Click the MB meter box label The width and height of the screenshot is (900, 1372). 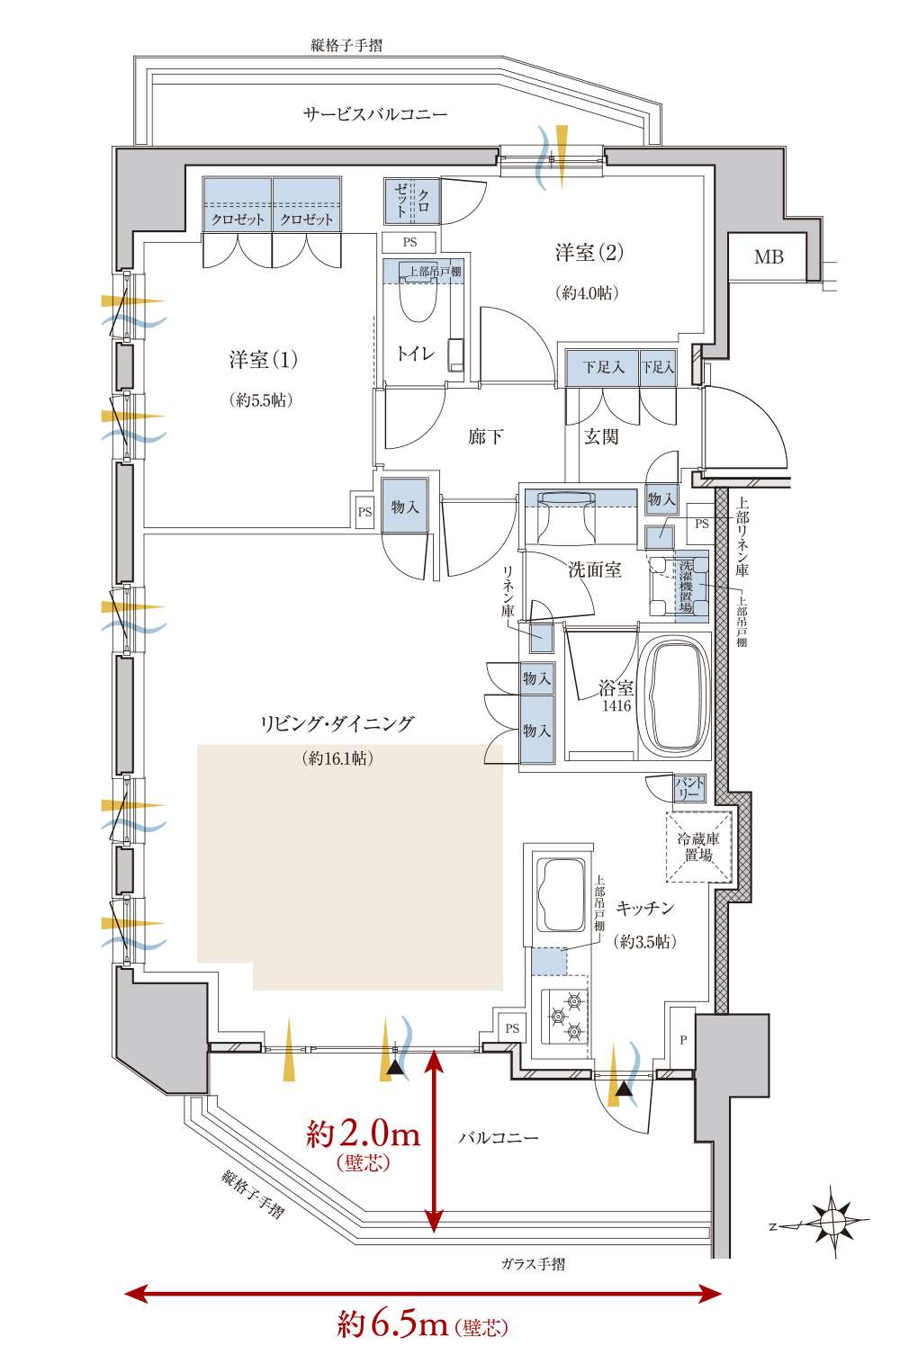coord(769,256)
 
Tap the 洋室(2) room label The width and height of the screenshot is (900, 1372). coord(589,252)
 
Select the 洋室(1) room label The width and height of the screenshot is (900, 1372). coord(264,359)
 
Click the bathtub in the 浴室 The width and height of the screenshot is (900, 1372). coord(674,697)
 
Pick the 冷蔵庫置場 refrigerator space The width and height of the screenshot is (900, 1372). coord(698,847)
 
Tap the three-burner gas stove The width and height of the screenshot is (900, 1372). coord(564,1018)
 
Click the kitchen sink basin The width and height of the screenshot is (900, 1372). coord(560,895)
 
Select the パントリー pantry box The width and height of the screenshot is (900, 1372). coord(689,788)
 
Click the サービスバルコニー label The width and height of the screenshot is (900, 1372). coord(375,114)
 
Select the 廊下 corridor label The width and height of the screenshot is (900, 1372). coord(485,436)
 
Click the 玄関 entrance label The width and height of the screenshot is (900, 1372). coord(601,436)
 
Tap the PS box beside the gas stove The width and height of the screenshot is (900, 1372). coord(512,1028)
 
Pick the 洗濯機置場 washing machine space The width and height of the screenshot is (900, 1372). coord(679,587)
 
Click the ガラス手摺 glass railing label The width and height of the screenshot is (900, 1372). coord(533,1263)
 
